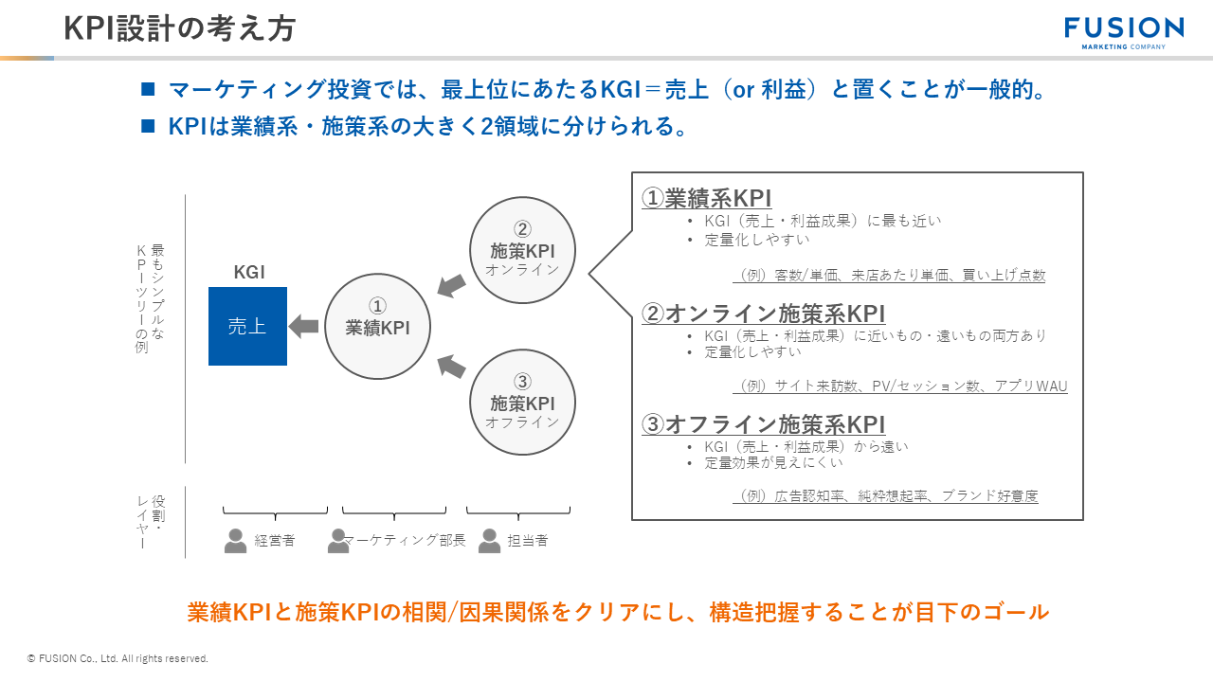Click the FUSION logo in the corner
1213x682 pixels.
click(1124, 31)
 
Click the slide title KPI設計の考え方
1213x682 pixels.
click(179, 29)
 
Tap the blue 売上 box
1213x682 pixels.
click(247, 326)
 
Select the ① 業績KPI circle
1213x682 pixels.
click(377, 326)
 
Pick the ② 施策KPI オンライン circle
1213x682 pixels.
click(522, 250)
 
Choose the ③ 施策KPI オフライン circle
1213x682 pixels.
click(522, 402)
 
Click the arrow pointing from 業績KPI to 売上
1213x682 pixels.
click(303, 326)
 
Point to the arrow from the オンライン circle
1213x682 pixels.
click(451, 284)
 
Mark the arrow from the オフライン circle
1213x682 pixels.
click(451, 367)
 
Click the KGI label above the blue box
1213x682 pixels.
click(249, 273)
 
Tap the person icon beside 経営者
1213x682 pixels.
click(235, 540)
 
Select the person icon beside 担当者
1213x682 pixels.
click(489, 540)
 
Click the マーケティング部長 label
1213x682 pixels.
click(405, 540)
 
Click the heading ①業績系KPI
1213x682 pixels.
click(706, 198)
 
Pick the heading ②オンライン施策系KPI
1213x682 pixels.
click(763, 314)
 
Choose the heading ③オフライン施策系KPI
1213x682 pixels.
click(763, 424)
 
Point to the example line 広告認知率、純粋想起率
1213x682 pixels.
click(885, 495)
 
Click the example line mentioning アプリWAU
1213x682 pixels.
click(900, 386)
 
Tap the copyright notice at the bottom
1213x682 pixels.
click(118, 658)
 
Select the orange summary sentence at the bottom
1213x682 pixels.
click(618, 612)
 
